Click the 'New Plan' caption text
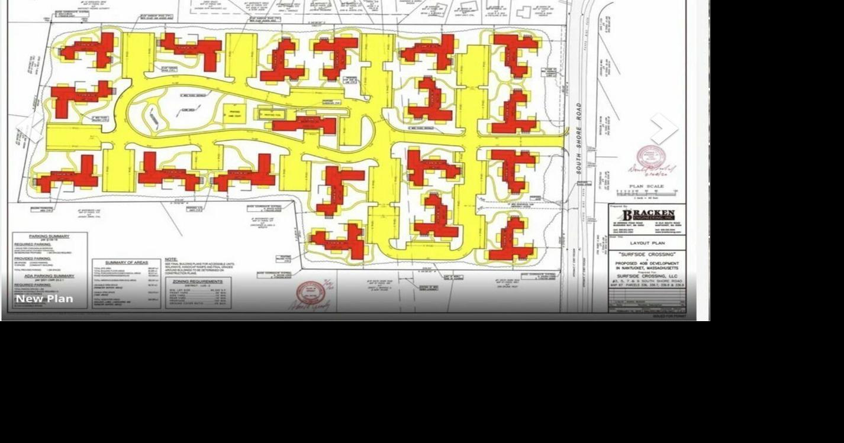tap(44, 299)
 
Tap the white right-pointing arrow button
tap(663, 128)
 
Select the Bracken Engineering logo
tap(648, 215)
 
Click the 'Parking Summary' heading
tap(49, 237)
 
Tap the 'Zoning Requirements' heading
tap(198, 282)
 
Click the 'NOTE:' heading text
tap(171, 260)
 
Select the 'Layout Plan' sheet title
tap(647, 243)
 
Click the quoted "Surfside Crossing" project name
tap(647, 254)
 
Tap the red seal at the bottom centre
tap(311, 293)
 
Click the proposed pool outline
tap(272, 114)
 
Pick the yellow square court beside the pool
tap(234, 113)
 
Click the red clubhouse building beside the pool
tap(304, 124)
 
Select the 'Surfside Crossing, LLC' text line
tap(647, 276)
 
